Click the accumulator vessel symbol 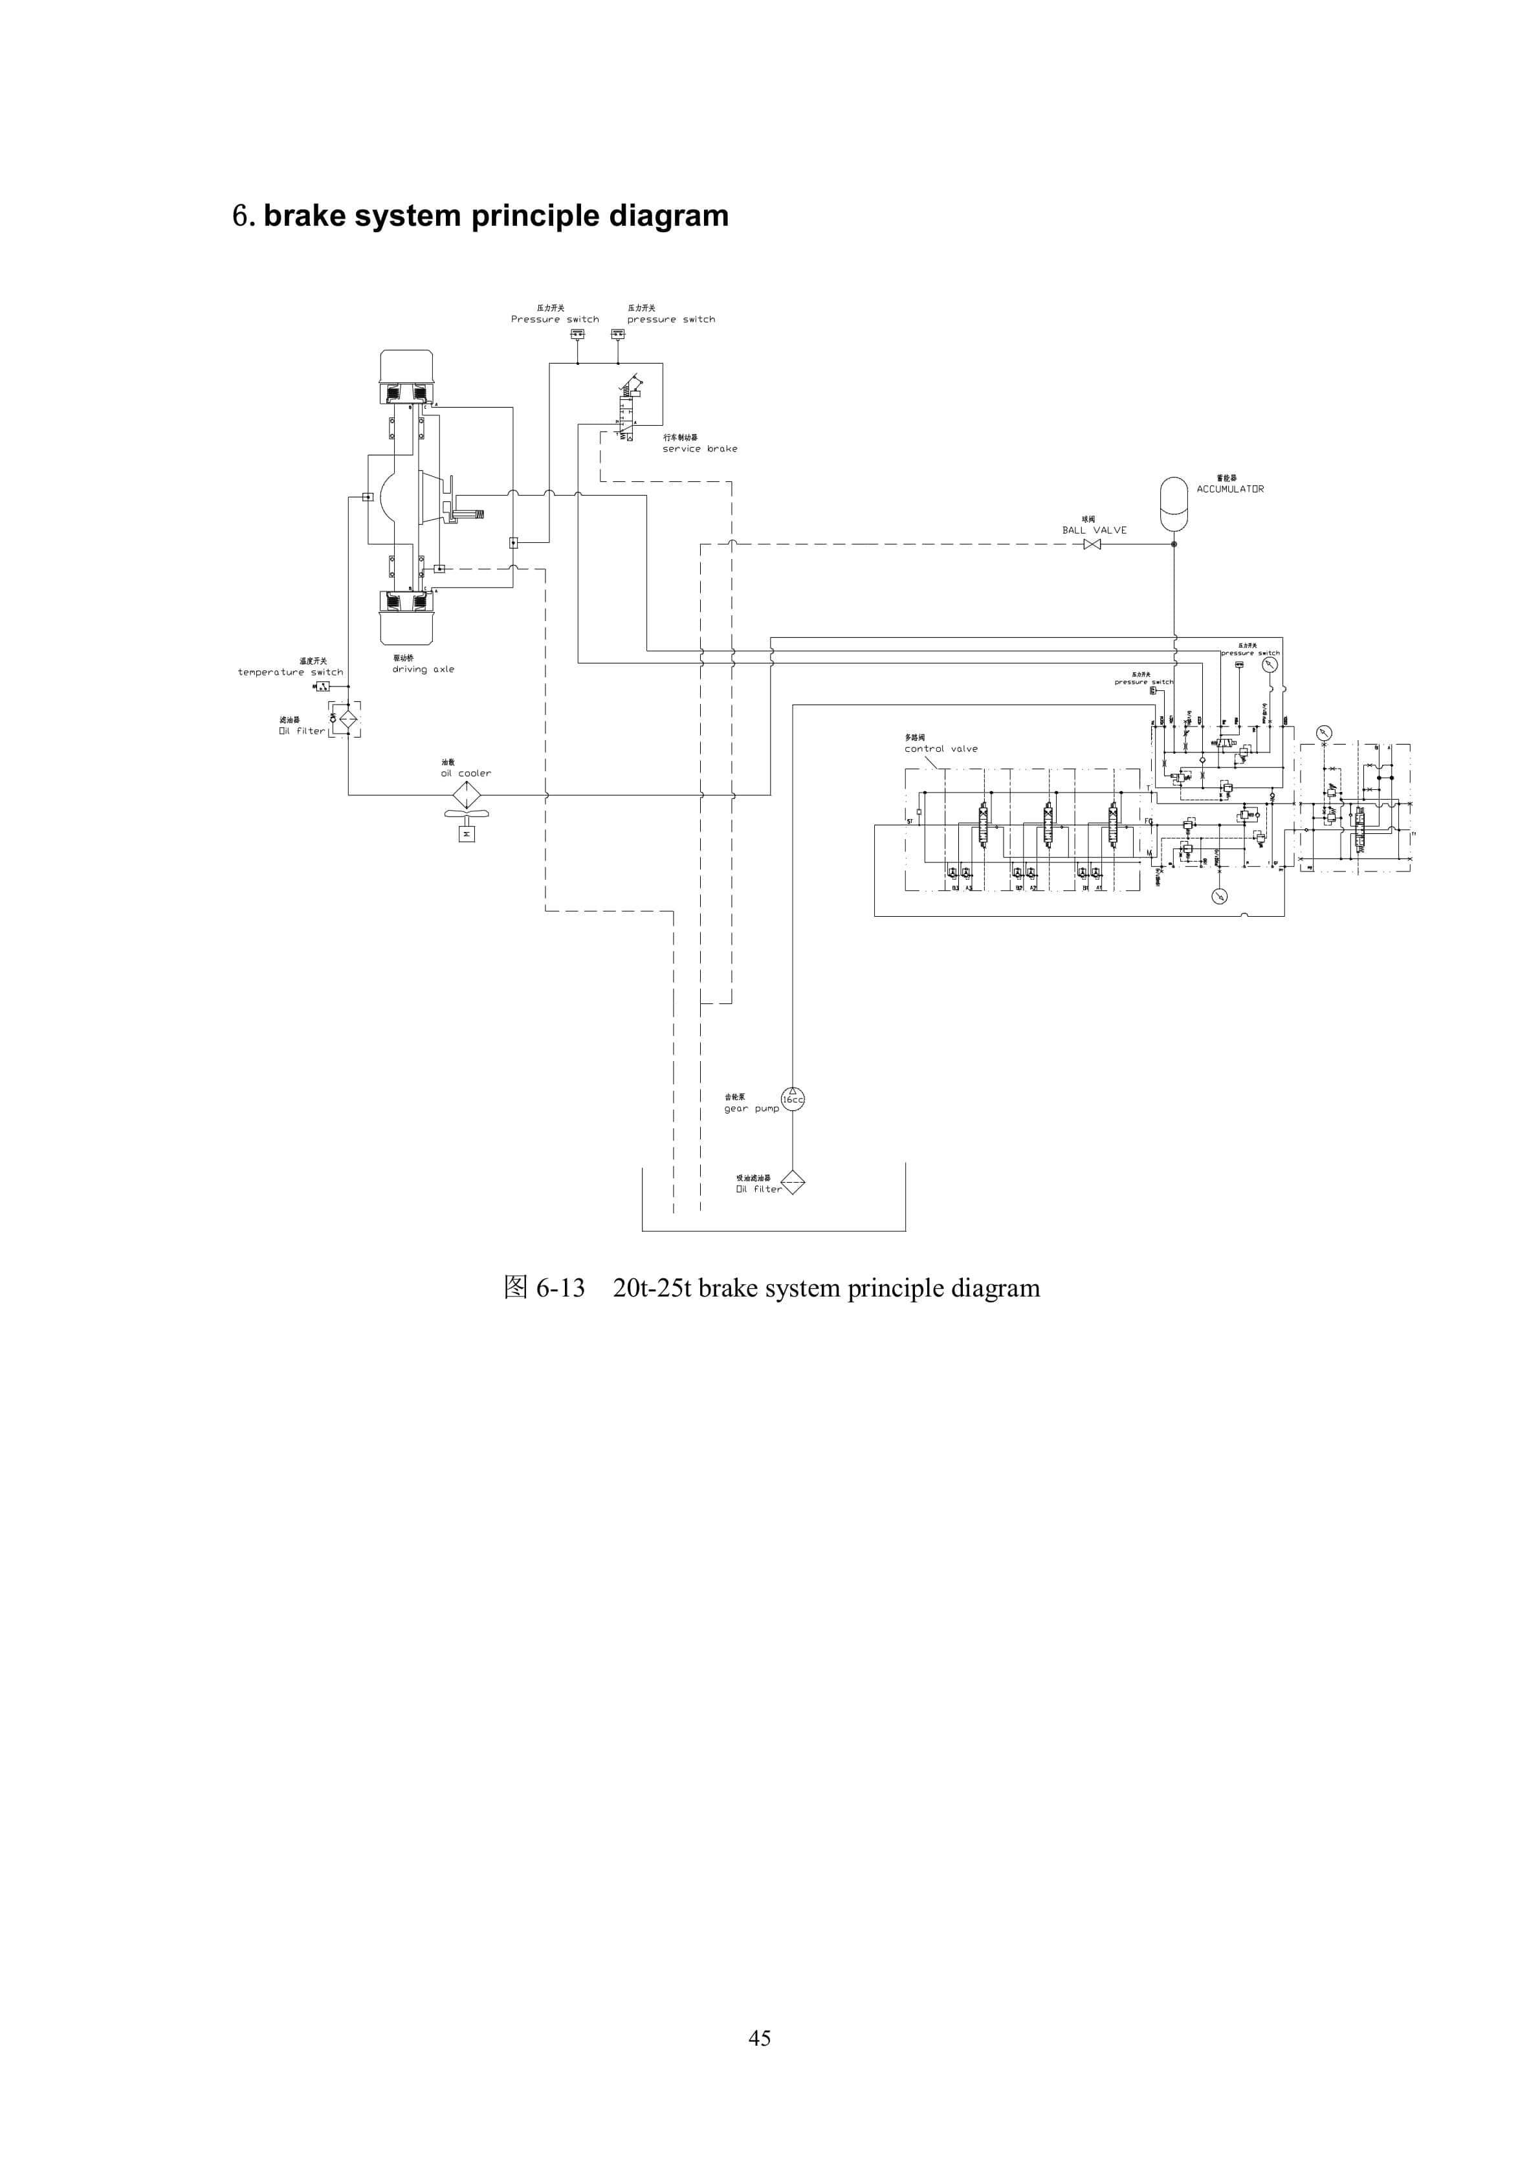pos(1174,504)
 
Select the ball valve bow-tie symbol pos(1092,544)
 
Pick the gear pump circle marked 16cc pos(793,1099)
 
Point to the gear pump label pos(751,1108)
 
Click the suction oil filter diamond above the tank pos(793,1183)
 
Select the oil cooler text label pos(465,774)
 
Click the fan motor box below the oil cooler pos(466,834)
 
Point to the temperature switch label pos(290,672)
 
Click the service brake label pos(699,449)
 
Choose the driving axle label pos(423,669)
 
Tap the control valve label pos(940,749)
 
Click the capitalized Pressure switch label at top pos(555,320)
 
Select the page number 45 pos(760,2037)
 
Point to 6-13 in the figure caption pos(560,1288)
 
